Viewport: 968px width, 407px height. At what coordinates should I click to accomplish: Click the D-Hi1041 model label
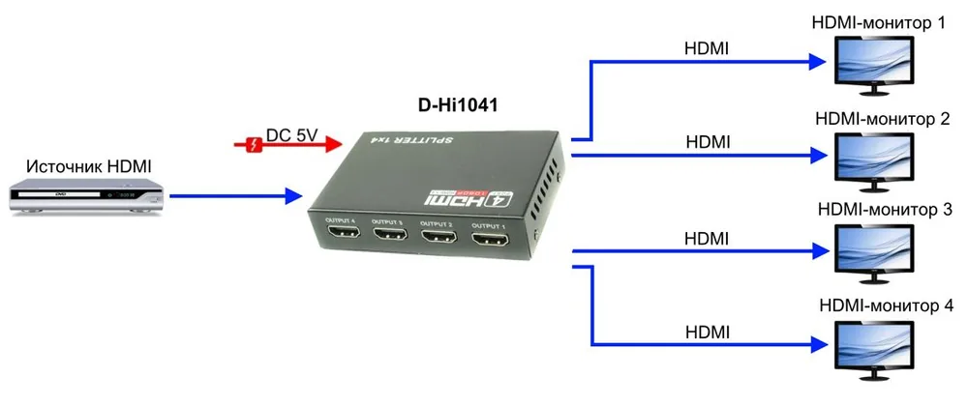tap(458, 105)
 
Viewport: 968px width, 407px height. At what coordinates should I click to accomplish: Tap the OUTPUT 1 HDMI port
tap(490, 240)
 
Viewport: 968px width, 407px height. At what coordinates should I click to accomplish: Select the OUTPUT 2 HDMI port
tap(439, 237)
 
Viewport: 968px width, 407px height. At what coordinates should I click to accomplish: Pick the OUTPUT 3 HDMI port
tap(390, 234)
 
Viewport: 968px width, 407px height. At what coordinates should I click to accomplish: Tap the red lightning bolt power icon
tap(253, 146)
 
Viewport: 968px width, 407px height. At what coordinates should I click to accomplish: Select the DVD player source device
tap(87, 196)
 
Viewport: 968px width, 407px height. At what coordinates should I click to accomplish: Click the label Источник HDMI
tap(89, 166)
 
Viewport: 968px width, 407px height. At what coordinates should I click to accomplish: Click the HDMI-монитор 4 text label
tap(888, 305)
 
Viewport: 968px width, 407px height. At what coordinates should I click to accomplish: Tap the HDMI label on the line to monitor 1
tap(708, 48)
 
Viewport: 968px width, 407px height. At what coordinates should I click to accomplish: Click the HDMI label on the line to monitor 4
tap(708, 333)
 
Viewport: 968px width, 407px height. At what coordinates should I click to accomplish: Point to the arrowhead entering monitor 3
tap(819, 251)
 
